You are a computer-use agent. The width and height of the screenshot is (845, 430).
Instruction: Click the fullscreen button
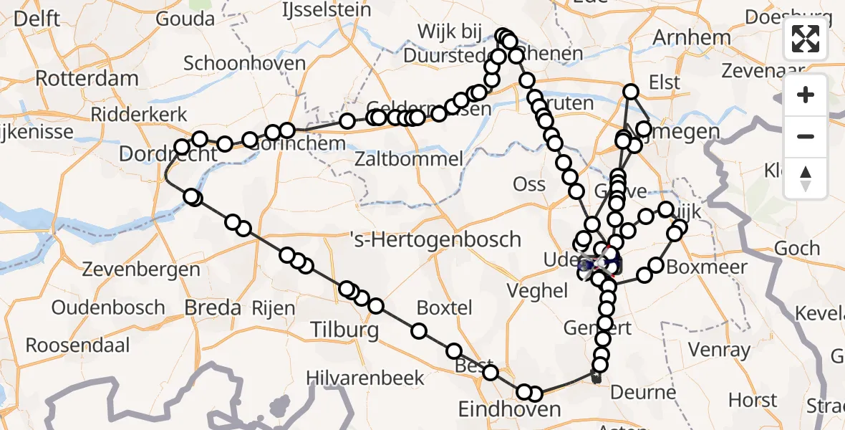(x=806, y=38)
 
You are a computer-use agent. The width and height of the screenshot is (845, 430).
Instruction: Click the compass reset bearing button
(x=806, y=178)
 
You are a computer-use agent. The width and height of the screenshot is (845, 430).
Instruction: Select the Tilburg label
(x=344, y=330)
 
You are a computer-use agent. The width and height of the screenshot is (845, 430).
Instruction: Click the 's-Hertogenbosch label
(x=435, y=239)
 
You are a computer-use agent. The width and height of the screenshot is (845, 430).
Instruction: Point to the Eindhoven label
(x=510, y=409)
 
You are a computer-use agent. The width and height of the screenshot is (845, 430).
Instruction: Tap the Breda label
(x=213, y=308)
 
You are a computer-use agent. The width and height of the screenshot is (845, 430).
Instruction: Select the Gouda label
(x=185, y=19)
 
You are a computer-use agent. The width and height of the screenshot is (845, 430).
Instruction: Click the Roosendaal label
(x=78, y=345)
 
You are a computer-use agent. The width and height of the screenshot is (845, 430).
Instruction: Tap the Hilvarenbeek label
(x=365, y=378)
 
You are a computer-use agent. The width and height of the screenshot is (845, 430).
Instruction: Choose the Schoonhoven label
(x=245, y=63)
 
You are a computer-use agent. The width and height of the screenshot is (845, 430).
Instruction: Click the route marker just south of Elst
(x=631, y=91)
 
